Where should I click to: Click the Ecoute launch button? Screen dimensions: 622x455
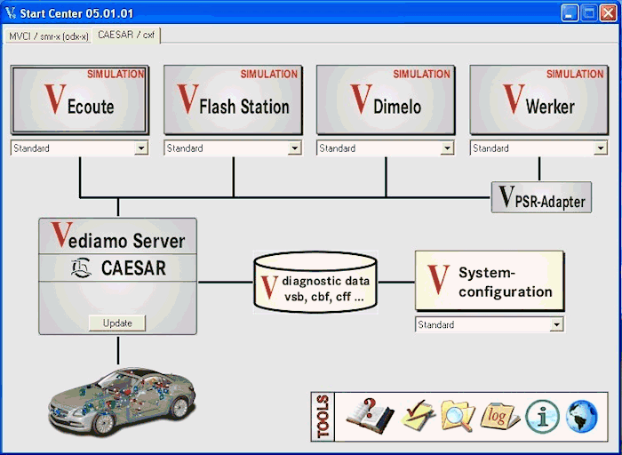click(80, 100)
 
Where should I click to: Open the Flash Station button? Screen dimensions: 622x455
click(233, 100)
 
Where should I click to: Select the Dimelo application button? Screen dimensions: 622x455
click(386, 100)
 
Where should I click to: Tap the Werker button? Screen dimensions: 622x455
click(538, 100)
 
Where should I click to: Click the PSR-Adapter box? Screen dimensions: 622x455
click(541, 197)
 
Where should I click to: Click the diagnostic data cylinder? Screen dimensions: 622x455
click(315, 282)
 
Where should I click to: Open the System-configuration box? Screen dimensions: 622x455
click(490, 281)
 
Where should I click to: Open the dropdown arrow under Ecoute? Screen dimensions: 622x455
click(140, 148)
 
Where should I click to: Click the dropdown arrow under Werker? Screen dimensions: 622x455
click(600, 148)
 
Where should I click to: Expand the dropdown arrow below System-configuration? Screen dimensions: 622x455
click(556, 324)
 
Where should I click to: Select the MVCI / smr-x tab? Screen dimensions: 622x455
click(48, 36)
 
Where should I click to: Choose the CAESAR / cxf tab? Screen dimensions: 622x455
click(126, 35)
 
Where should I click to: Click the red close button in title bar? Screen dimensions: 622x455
click(608, 13)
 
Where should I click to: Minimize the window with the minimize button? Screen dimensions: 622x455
click(570, 13)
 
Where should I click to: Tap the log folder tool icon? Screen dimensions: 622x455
click(499, 417)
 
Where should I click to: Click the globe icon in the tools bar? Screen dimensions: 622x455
click(581, 417)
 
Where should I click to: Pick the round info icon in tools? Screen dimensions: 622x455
click(542, 417)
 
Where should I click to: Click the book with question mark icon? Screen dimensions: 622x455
click(371, 416)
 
